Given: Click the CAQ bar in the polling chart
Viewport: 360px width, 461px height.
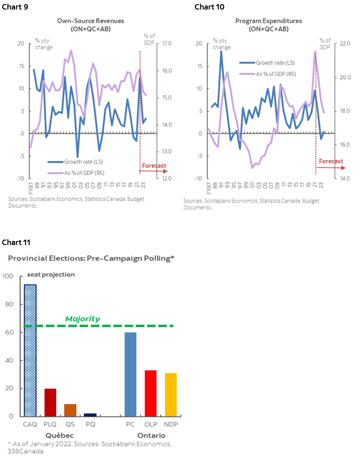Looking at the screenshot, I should pos(30,350).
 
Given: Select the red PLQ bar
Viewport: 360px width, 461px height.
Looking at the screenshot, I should pos(50,402).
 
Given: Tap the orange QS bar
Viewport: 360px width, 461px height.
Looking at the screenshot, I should pos(70,410).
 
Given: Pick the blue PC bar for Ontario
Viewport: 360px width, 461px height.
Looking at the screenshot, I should pos(130,374).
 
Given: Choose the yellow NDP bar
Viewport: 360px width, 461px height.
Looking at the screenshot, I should pos(171,394).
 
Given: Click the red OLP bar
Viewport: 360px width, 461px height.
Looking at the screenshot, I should pos(150,393).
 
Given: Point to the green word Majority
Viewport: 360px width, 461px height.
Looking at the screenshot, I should pos(82,319).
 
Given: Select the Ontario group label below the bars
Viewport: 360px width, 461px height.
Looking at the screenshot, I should pos(151,435).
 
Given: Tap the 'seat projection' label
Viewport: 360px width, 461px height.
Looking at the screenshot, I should pos(51,275).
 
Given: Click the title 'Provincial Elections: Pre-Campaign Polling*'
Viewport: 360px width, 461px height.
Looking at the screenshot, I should pos(91,258).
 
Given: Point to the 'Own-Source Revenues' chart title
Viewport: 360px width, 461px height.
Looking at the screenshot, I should pos(90,21).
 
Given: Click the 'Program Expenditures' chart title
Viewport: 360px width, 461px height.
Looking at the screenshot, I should pos(268,21).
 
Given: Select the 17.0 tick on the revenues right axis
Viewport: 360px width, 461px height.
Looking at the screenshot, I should pos(162,44).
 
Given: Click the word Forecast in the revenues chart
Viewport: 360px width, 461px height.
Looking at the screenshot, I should pos(154,166).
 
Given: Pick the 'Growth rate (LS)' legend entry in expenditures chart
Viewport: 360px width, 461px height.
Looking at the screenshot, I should pos(271,63).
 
